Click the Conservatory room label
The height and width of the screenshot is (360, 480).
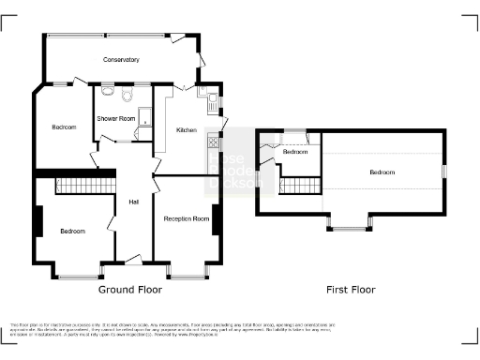click(x=121, y=60)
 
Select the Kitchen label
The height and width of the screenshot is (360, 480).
click(x=187, y=129)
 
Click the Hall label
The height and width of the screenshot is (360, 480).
click(x=134, y=201)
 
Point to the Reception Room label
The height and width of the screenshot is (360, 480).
click(x=186, y=218)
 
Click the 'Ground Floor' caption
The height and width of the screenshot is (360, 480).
click(x=123, y=290)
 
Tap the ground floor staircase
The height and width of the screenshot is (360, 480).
click(x=85, y=185)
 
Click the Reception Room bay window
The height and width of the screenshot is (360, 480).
click(x=187, y=274)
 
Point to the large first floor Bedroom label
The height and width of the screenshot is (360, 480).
click(x=382, y=173)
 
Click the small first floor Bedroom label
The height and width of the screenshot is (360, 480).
click(x=296, y=151)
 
